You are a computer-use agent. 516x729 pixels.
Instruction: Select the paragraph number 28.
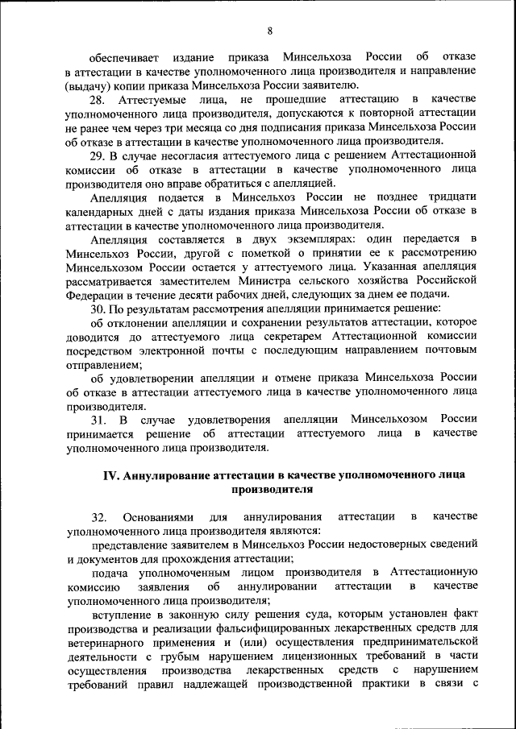tap(98, 99)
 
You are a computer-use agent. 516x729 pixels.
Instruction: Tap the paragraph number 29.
tap(98, 155)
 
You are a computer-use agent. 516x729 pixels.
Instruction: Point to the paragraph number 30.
tap(98, 310)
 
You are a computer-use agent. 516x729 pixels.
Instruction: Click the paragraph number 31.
tap(98, 420)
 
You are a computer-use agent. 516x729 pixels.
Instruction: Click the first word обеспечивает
tap(123, 57)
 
